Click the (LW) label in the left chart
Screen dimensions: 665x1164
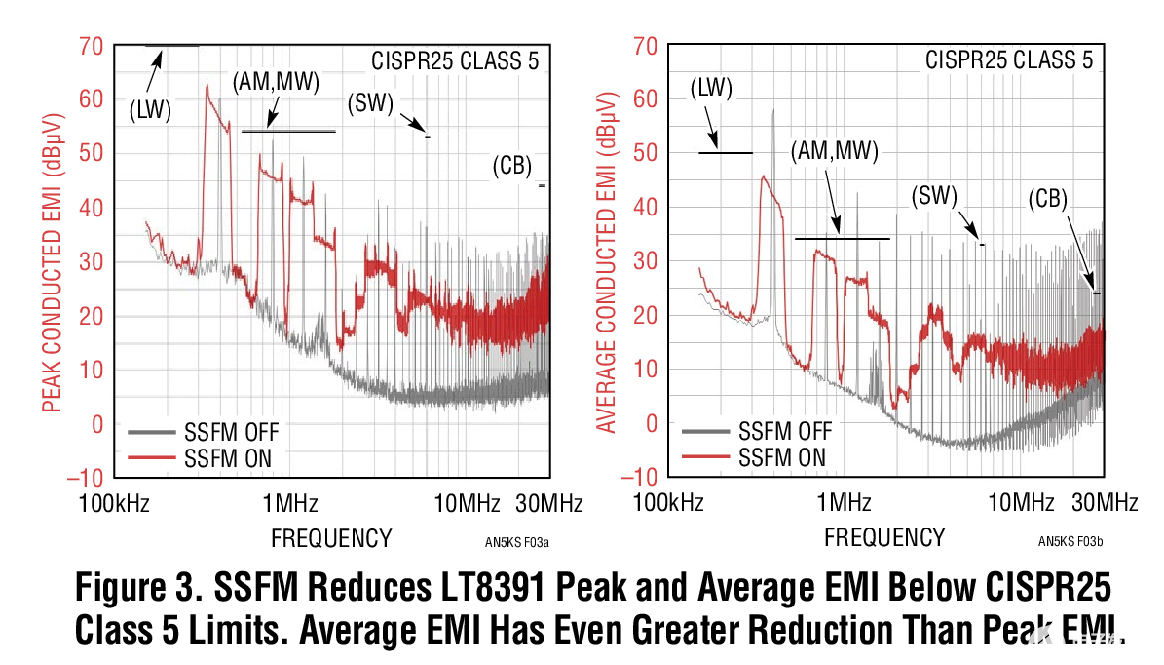point(150,111)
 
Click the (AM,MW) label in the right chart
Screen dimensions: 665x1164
point(834,151)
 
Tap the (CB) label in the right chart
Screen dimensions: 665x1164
point(1048,199)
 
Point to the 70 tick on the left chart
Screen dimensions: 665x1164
point(91,45)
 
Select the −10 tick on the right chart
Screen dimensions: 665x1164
point(643,478)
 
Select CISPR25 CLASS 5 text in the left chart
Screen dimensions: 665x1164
point(455,61)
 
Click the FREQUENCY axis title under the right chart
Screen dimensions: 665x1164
point(884,537)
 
